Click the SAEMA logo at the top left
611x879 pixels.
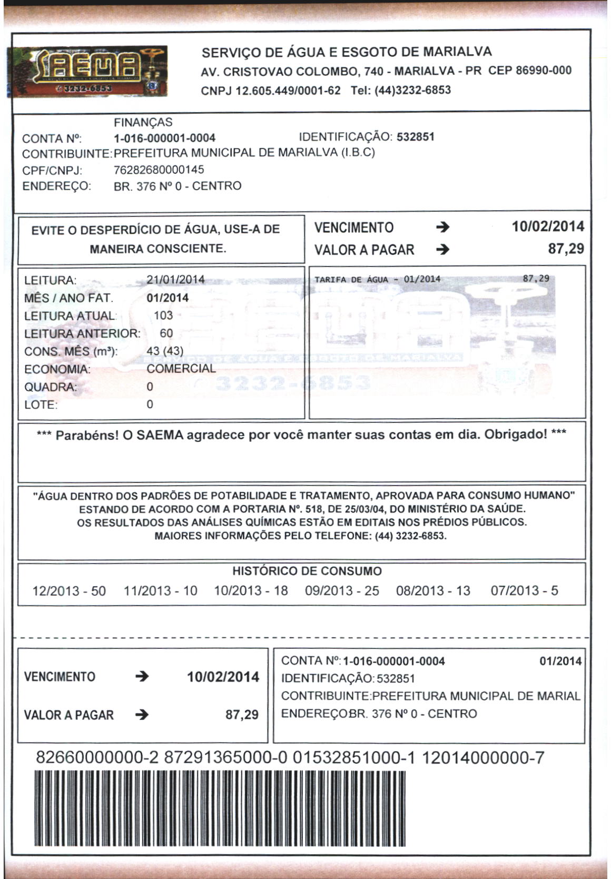click(x=87, y=71)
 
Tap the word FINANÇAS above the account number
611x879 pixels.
click(x=143, y=122)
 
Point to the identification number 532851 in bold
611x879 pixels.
click(x=416, y=137)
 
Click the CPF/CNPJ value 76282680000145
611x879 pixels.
click(x=159, y=170)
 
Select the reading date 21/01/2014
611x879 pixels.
click(x=175, y=280)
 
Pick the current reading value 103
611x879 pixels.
click(x=163, y=315)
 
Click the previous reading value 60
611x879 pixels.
click(x=166, y=333)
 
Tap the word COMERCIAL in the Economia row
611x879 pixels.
click(x=181, y=368)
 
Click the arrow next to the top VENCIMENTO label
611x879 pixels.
click(x=443, y=228)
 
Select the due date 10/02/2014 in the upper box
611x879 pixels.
click(x=548, y=227)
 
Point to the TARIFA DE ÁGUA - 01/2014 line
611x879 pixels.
click(x=377, y=279)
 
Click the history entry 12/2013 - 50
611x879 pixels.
click(x=69, y=590)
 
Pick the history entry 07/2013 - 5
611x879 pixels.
click(x=524, y=590)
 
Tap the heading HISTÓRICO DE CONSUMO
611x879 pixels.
click(x=307, y=571)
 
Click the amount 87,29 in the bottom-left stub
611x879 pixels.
click(x=242, y=715)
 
